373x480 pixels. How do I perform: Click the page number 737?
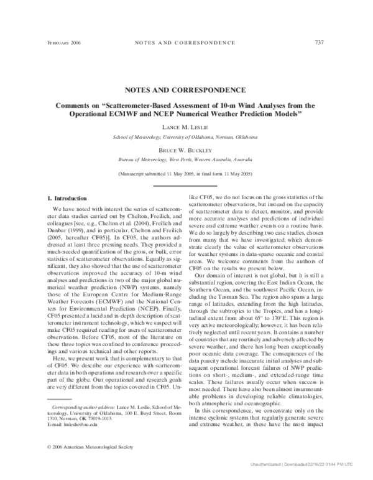[320, 42]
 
